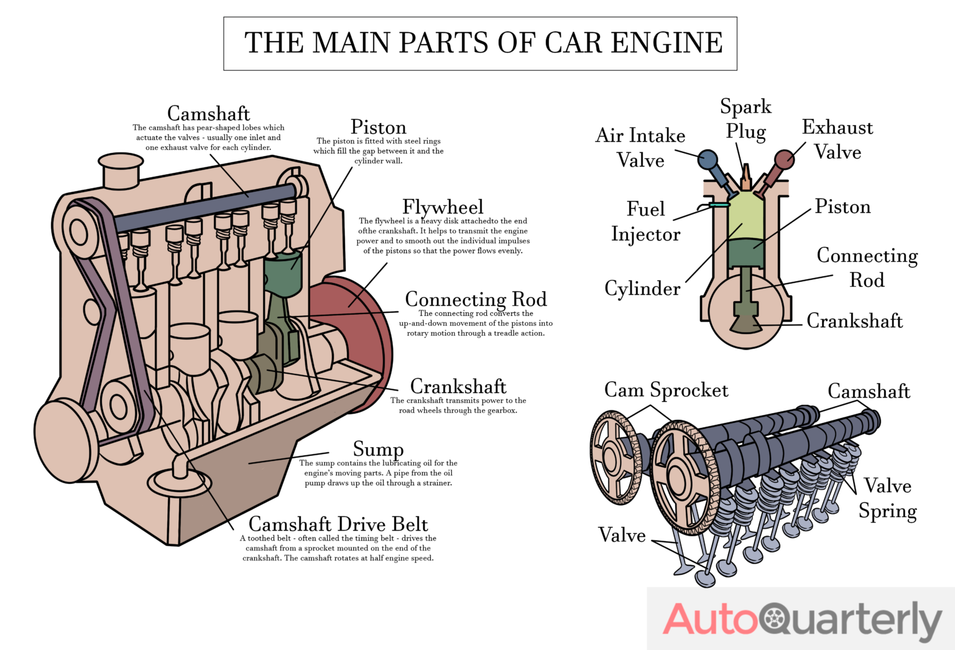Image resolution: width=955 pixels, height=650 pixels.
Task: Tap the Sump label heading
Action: [378, 448]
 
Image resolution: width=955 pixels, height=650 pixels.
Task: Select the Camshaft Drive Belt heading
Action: [338, 524]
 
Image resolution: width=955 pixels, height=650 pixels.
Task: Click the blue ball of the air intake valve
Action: [708, 159]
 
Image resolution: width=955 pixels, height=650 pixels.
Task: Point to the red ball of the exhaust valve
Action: [785, 159]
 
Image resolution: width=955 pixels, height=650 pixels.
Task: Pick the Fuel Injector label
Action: [645, 221]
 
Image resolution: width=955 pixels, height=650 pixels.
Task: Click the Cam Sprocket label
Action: [666, 390]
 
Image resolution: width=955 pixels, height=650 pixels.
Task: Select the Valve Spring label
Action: [887, 498]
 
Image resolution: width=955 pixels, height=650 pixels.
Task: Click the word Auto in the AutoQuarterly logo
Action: [709, 620]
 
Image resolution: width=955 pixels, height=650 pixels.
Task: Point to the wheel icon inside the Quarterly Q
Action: [775, 619]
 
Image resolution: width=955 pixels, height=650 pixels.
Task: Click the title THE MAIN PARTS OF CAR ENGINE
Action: [482, 43]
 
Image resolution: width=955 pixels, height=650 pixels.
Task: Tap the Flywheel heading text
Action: [442, 207]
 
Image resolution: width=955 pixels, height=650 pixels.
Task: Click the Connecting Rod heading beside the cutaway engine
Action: [476, 299]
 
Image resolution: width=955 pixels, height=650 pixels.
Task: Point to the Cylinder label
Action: [642, 289]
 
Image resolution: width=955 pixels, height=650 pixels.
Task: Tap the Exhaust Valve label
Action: [837, 139]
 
